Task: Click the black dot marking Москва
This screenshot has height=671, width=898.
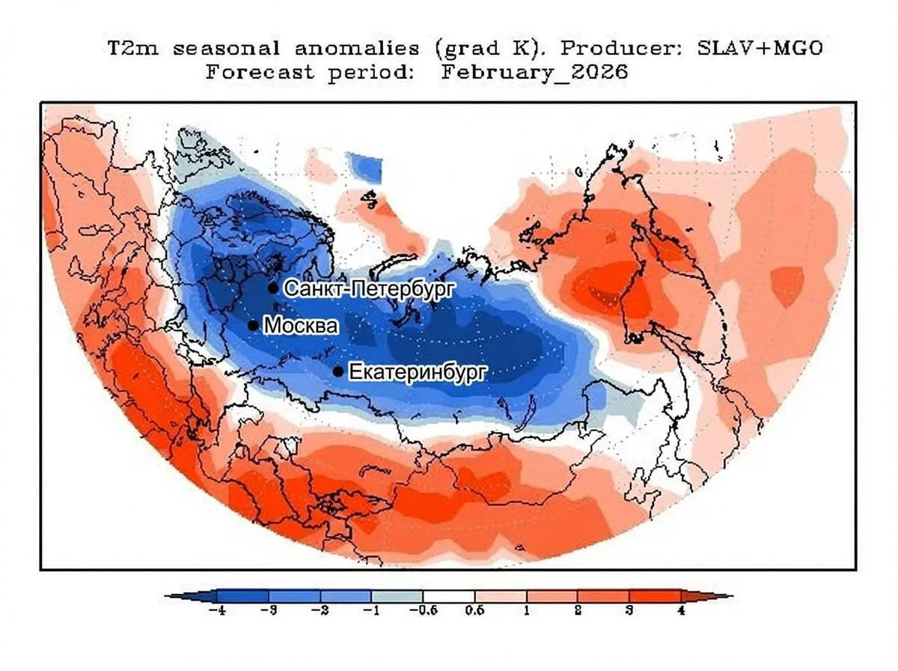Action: pos(253,326)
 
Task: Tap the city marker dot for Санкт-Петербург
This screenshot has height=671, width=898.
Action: pos(273,288)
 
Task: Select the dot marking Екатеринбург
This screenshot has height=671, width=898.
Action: pos(338,371)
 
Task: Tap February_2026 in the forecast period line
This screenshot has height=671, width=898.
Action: pos(534,73)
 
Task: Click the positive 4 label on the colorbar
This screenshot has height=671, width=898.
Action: pos(680,611)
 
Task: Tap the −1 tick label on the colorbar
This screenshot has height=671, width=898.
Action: pos(371,611)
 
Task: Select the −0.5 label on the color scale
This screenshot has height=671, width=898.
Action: pos(423,611)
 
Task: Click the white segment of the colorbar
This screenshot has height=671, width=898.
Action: pos(449,597)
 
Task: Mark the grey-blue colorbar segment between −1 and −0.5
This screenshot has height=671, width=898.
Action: pos(397,597)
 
